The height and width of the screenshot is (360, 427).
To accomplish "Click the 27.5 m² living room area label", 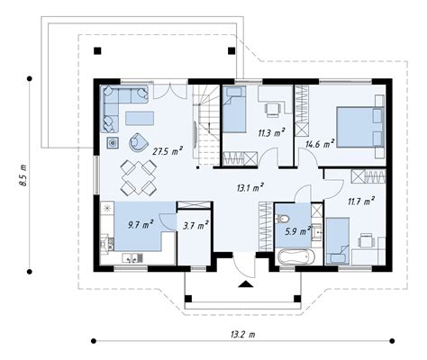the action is (168, 151).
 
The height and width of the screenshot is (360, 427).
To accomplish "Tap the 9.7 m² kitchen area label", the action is (141, 224).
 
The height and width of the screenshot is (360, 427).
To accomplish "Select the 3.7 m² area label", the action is (196, 225).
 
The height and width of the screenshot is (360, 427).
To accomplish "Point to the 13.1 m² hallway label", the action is (250, 188).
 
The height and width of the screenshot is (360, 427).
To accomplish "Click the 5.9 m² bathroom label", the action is (298, 231).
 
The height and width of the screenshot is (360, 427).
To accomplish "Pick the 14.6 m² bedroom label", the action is (320, 144).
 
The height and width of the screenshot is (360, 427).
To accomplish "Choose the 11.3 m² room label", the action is (271, 132).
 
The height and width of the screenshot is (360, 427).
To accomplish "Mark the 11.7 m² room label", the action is (361, 201).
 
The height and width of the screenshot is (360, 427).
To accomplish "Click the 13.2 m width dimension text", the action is (243, 334).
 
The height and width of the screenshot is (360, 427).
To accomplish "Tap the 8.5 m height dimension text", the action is (23, 175).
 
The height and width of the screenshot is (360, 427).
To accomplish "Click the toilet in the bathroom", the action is (282, 219).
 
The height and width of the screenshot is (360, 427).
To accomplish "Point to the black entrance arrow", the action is (246, 284).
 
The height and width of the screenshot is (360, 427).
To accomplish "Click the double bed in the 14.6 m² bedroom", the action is (360, 127).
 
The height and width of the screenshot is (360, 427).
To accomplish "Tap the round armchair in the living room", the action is (139, 141).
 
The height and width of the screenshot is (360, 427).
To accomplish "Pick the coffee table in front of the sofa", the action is (140, 118).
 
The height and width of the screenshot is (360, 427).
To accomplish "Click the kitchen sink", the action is (132, 257).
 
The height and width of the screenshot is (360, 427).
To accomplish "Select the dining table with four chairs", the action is (139, 177).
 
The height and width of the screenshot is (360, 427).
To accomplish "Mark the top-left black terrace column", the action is (97, 50).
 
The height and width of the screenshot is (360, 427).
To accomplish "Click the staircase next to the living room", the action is (206, 125).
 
